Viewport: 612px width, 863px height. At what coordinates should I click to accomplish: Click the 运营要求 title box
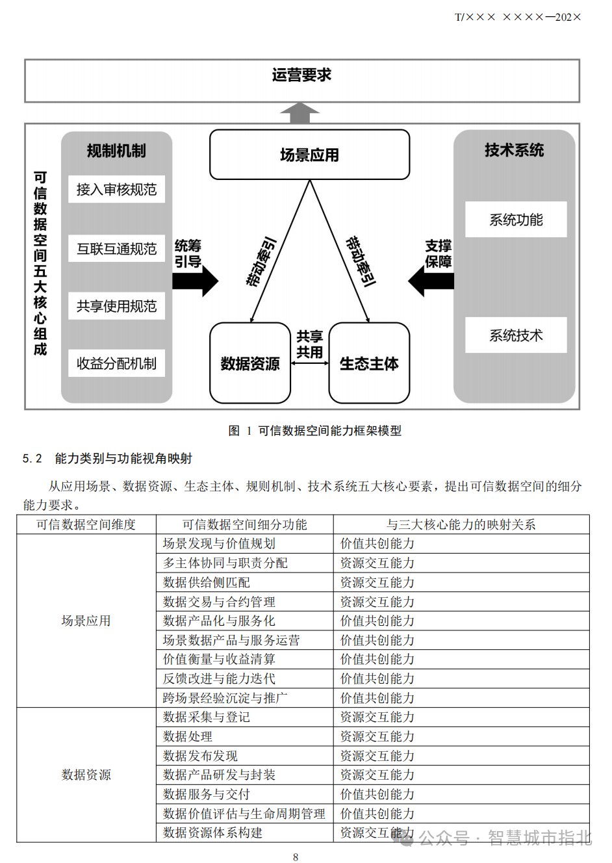pos(301,81)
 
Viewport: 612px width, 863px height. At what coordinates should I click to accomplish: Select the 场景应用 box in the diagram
pos(309,155)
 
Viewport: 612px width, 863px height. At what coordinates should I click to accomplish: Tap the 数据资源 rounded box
pos(250,363)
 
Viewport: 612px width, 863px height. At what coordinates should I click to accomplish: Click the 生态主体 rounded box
pos(369,363)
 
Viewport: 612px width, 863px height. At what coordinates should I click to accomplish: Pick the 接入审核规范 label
pos(116,189)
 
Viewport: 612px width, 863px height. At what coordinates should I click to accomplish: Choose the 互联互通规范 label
pos(116,249)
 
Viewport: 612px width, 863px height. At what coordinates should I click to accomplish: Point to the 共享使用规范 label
pos(116,306)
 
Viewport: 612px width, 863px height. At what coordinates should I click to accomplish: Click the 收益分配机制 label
pos(116,363)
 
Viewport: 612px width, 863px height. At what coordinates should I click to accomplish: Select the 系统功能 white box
pos(516,220)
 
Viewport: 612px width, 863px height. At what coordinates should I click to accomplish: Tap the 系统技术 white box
pos(516,335)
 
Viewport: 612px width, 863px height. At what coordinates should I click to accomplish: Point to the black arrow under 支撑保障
pos(431,281)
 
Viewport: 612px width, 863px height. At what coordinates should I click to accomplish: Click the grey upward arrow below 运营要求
pos(300,113)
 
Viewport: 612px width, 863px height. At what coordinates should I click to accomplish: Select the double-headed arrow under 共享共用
pos(310,363)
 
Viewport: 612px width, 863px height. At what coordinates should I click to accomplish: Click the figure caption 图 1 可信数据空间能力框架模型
pos(315,431)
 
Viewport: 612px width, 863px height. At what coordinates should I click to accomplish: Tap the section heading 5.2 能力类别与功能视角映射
pos(108,459)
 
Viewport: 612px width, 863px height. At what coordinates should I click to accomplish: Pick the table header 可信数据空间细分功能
pos(244,524)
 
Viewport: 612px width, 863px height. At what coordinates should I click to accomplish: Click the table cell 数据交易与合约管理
pos(219,602)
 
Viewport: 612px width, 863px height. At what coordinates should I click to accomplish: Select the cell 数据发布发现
pos(200,756)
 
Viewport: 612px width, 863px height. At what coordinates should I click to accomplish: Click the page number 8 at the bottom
pos(296,857)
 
